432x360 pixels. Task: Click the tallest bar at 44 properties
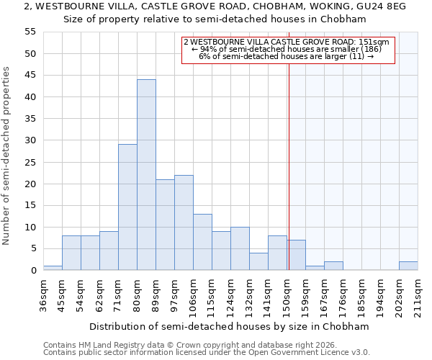tap(146, 175)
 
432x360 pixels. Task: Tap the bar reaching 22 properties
tap(184, 222)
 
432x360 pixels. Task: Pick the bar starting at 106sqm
tap(202, 242)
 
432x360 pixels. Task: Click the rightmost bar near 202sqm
tap(408, 266)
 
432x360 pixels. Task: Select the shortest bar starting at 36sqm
tap(53, 268)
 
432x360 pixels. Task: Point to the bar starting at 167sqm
tap(333, 266)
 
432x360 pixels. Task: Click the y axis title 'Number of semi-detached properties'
tap(6, 156)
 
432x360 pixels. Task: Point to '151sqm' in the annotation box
tap(374, 42)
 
